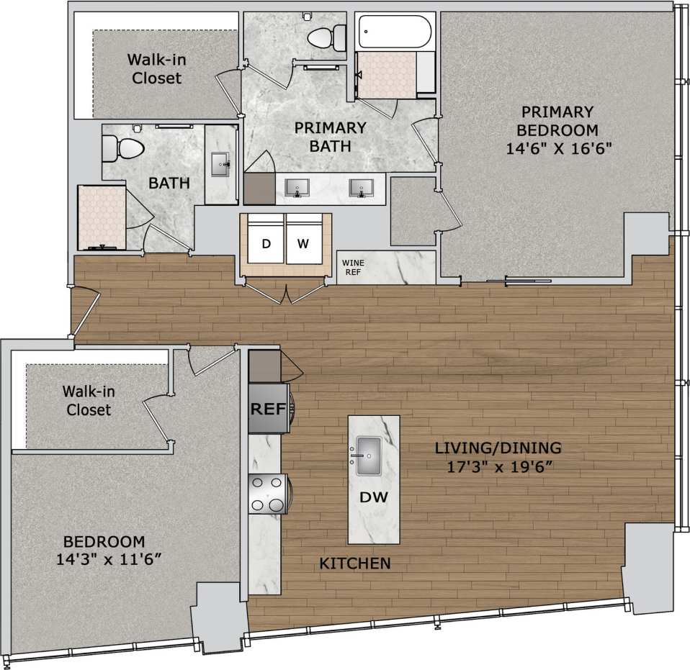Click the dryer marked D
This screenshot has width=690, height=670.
(x=266, y=243)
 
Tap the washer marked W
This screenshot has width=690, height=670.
(x=303, y=243)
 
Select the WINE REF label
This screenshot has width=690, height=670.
(x=352, y=268)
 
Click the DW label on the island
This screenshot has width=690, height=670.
(x=373, y=497)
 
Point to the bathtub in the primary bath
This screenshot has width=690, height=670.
(x=395, y=32)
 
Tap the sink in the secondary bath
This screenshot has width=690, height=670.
(x=220, y=163)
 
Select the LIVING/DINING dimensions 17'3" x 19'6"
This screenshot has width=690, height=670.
(x=498, y=466)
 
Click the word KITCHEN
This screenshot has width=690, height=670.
(x=355, y=563)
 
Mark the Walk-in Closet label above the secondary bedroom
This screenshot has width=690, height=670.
(x=89, y=401)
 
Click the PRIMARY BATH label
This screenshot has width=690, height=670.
(x=330, y=137)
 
